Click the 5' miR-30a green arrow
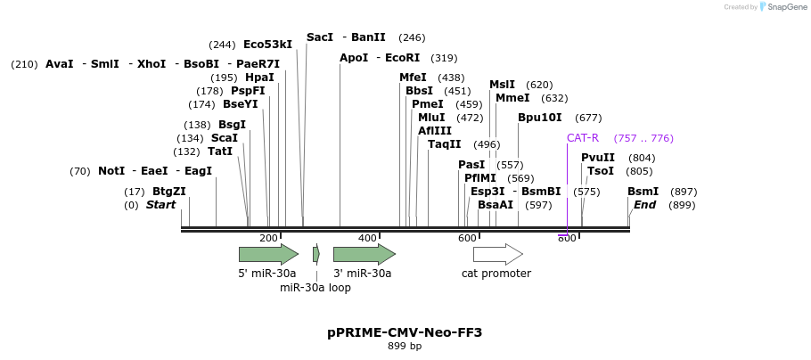click(x=268, y=254)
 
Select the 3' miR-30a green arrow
click(x=364, y=254)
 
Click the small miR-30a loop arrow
click(x=316, y=254)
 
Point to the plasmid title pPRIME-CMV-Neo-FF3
click(x=405, y=332)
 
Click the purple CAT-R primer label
click(x=583, y=138)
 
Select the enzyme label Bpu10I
click(x=540, y=118)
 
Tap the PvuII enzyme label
click(x=598, y=158)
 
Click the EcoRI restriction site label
click(x=402, y=58)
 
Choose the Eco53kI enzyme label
click(x=267, y=45)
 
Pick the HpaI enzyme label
click(x=259, y=78)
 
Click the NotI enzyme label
click(x=111, y=171)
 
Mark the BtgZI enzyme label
click(x=168, y=192)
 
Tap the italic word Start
click(x=160, y=205)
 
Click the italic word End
click(x=644, y=205)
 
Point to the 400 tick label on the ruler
click(x=367, y=238)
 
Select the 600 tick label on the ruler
click(x=467, y=238)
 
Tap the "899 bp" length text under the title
click(x=405, y=346)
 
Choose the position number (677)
click(x=588, y=118)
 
